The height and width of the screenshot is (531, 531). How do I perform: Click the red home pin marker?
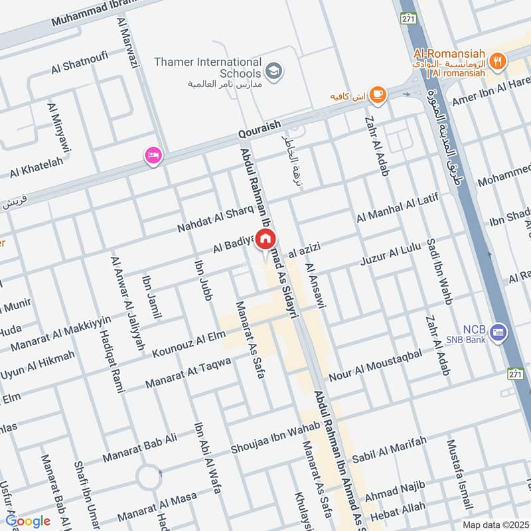click(266, 240)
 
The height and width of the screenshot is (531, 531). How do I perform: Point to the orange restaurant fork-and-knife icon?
click(497, 62)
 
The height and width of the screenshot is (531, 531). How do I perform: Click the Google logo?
click(28, 521)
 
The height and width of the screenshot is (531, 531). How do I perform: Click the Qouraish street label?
click(260, 131)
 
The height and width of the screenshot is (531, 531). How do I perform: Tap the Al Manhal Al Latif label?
click(398, 206)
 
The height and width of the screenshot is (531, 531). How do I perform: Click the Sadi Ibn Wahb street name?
click(440, 272)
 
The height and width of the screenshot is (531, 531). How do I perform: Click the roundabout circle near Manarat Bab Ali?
click(152, 475)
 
